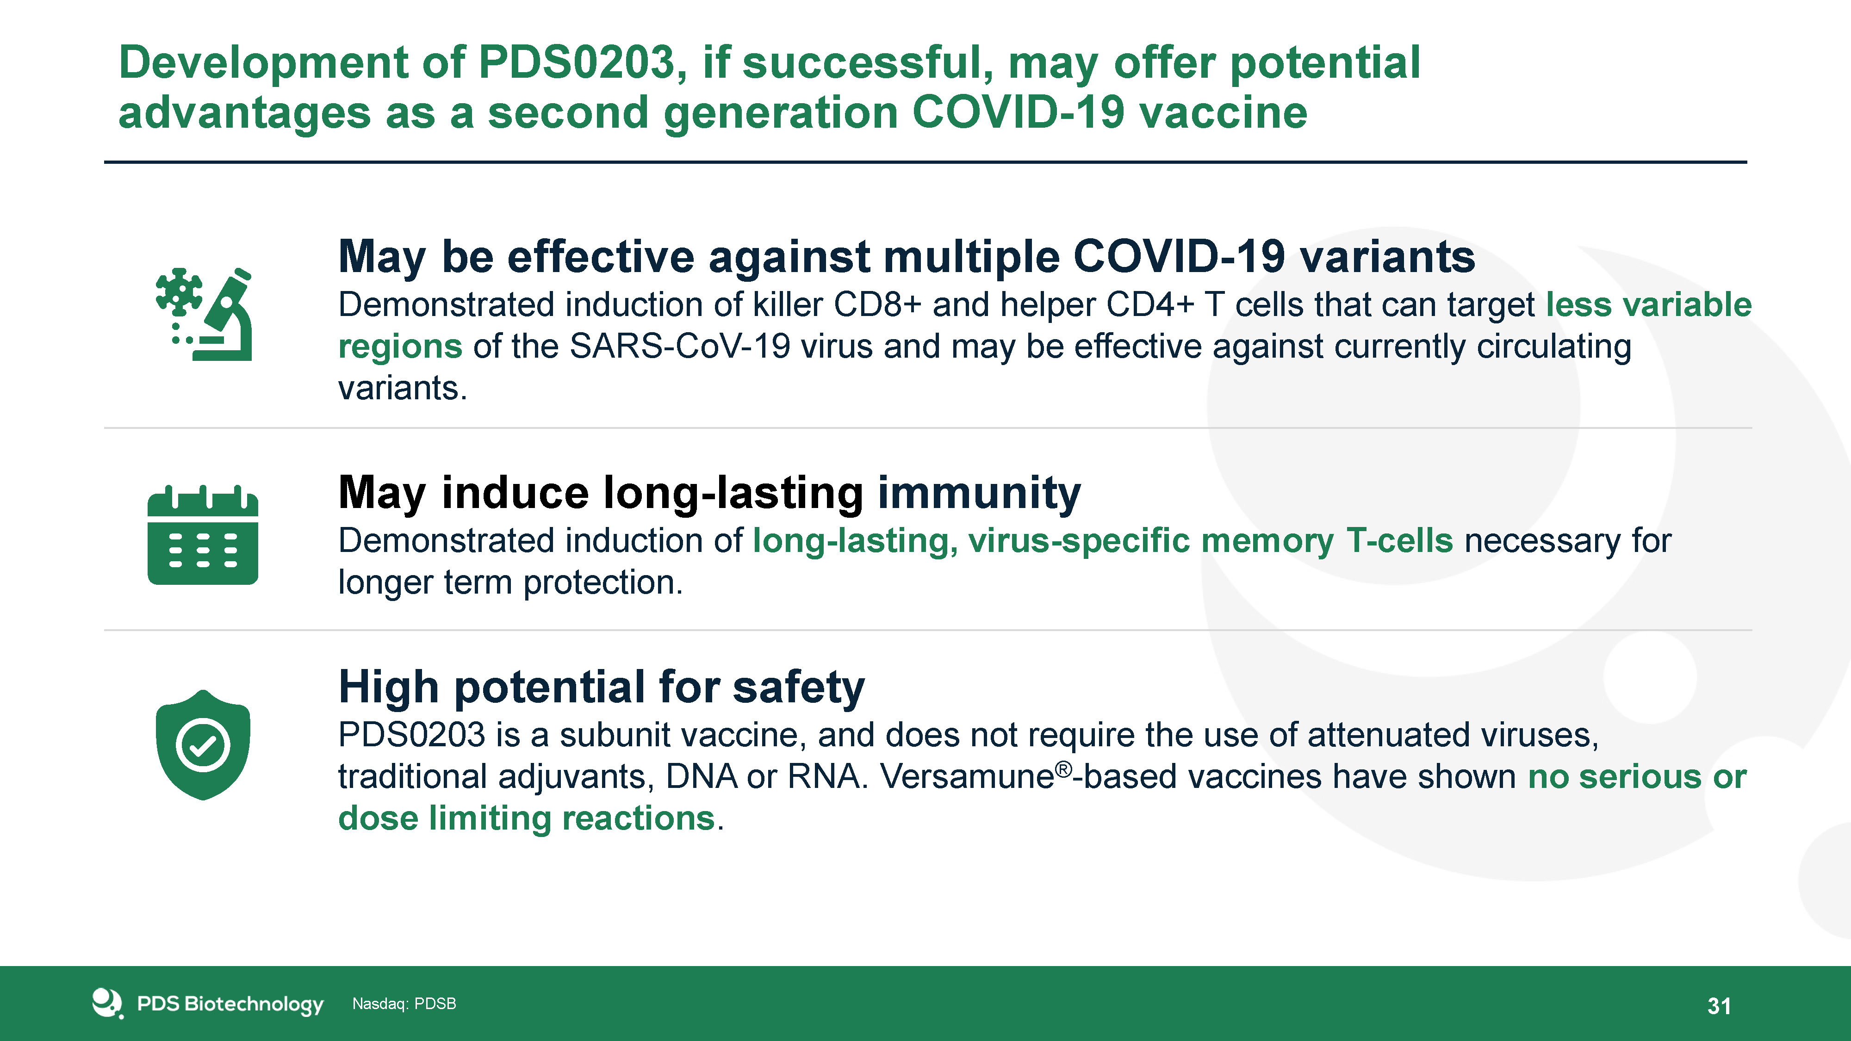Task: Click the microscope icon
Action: click(204, 314)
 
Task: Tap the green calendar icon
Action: click(203, 535)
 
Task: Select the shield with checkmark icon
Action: click(203, 745)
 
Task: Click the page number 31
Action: click(1719, 1006)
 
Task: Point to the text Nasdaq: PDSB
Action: click(404, 1004)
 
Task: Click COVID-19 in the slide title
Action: click(1018, 113)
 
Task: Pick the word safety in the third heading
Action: click(799, 688)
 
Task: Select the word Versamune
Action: click(967, 777)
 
